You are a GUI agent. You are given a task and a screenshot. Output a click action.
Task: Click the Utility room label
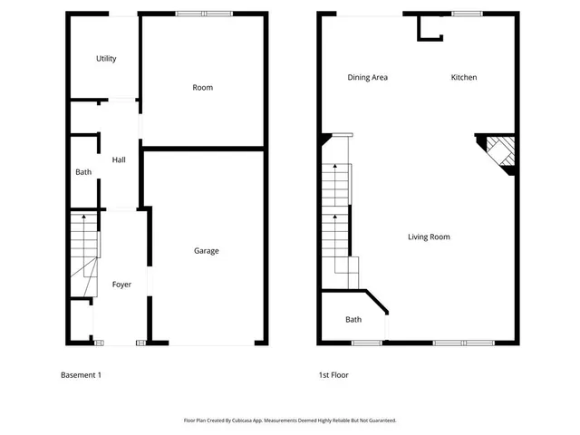click(106, 59)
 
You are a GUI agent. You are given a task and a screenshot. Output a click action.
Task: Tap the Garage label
click(206, 251)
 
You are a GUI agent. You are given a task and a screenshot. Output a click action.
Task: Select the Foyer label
click(121, 285)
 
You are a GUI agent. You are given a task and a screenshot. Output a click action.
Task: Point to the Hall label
click(119, 160)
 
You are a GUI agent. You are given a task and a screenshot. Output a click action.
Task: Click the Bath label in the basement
click(83, 172)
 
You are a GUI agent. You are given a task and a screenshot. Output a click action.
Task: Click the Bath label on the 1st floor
click(353, 320)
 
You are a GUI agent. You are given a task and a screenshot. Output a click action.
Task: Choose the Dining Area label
click(367, 77)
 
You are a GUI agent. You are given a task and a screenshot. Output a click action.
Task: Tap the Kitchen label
click(463, 77)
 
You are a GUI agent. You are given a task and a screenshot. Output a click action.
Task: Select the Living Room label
click(428, 237)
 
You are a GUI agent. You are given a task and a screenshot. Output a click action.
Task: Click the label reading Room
click(202, 88)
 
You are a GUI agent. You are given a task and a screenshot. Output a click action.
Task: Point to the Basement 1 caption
click(81, 375)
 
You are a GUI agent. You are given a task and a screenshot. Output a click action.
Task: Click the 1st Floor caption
click(333, 375)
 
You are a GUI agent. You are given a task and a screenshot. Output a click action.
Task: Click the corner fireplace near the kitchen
click(499, 152)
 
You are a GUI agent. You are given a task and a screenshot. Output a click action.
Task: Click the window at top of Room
click(204, 14)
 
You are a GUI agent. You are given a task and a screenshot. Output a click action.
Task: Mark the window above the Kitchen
click(467, 14)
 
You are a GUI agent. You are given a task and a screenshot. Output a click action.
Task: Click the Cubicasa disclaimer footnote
click(290, 420)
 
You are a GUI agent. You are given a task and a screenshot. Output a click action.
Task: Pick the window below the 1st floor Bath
click(366, 343)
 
